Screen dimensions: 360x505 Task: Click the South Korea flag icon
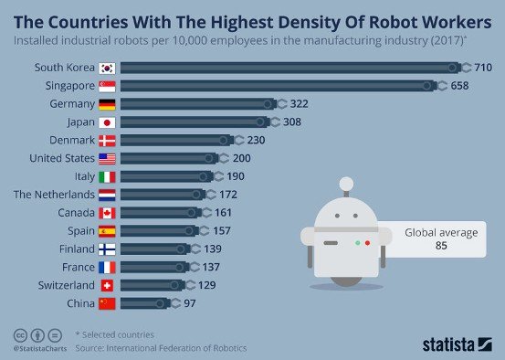click(107, 68)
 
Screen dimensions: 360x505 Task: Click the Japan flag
click(107, 122)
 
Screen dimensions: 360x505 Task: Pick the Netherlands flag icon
click(107, 195)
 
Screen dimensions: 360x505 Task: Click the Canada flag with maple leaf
click(107, 213)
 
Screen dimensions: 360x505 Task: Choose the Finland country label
click(77, 249)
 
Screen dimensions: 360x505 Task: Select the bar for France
click(155, 267)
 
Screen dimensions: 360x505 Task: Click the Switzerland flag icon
click(107, 285)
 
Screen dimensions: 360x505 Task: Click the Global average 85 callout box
click(440, 239)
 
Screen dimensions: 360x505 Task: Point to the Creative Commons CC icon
click(19, 334)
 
